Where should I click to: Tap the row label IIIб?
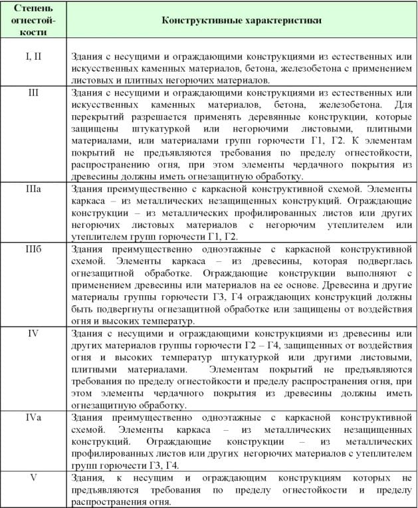point(33,248)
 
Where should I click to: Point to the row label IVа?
point(33,416)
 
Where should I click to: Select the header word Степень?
point(33,9)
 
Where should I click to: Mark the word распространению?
point(110,164)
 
